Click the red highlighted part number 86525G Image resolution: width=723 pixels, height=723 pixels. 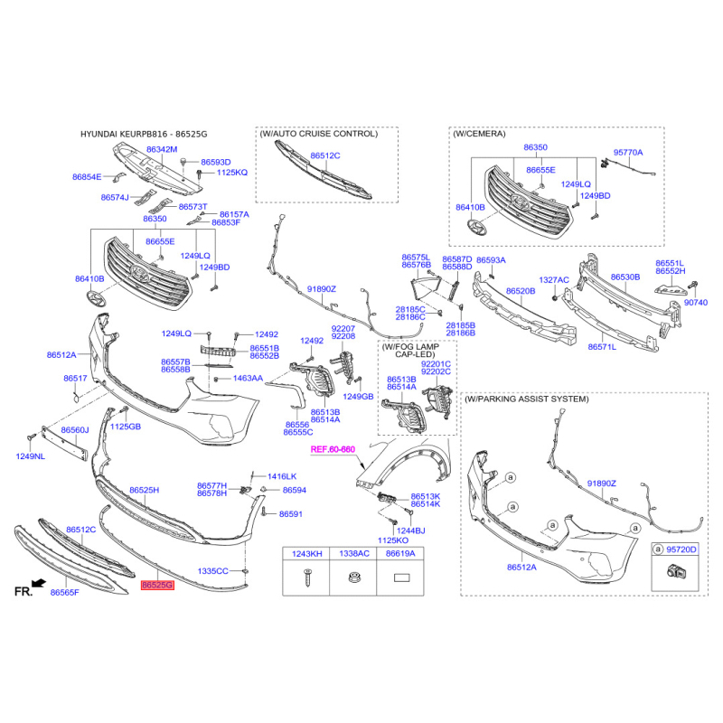pyautogui.click(x=157, y=585)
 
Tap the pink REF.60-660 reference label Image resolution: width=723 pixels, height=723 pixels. pyautogui.click(x=333, y=449)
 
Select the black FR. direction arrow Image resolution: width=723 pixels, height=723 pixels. pyautogui.click(x=39, y=583)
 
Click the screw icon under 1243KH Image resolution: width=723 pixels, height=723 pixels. pyautogui.click(x=307, y=577)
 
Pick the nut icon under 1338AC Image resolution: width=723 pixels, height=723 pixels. pyautogui.click(x=353, y=577)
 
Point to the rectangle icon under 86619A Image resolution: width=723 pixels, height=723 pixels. pyautogui.click(x=400, y=577)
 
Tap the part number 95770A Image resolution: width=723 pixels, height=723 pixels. pyautogui.click(x=627, y=152)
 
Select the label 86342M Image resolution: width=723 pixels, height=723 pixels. pyautogui.click(x=162, y=149)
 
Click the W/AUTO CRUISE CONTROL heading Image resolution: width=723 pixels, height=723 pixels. pyautogui.click(x=319, y=134)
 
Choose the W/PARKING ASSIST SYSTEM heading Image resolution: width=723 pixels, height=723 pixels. pyautogui.click(x=526, y=399)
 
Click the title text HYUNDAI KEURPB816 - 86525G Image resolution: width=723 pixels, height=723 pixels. pyautogui.click(x=144, y=134)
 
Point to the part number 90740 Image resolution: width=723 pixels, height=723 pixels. pyautogui.click(x=696, y=303)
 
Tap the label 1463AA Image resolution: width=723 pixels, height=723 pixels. pyautogui.click(x=248, y=378)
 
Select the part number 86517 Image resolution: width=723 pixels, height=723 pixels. pyautogui.click(x=75, y=378)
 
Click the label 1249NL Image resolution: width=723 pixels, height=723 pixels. pyautogui.click(x=31, y=456)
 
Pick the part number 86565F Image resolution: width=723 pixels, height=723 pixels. pyautogui.click(x=64, y=593)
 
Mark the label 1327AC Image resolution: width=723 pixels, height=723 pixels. pyautogui.click(x=554, y=280)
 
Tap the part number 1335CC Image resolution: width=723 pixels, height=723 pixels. pyautogui.click(x=212, y=571)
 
